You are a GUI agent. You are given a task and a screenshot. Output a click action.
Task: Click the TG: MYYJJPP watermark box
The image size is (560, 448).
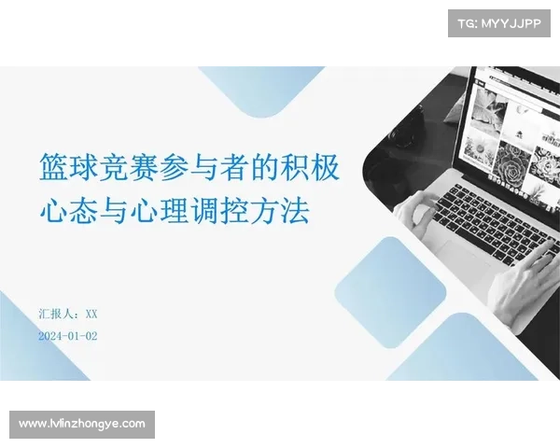[x=499, y=23]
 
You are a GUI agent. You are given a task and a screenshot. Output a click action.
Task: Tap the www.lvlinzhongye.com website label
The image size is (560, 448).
[x=82, y=425]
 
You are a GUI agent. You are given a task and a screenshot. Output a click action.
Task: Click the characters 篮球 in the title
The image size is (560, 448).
[x=68, y=167]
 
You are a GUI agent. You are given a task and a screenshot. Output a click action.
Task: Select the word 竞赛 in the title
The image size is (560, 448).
[x=129, y=167]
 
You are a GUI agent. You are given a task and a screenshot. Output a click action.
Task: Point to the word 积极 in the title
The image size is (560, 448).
[x=310, y=167]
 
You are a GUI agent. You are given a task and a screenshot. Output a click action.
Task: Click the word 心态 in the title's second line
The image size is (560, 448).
[x=68, y=211]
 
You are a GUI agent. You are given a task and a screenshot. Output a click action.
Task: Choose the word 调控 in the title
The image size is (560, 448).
[x=219, y=211]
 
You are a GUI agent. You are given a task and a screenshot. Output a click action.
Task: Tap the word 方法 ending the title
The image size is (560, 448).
[x=280, y=211]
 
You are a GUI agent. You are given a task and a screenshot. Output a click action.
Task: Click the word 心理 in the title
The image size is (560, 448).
[x=159, y=211]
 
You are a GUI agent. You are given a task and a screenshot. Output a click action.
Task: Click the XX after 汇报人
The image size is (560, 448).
[x=91, y=314]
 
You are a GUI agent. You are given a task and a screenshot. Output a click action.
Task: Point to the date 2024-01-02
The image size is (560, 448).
[x=68, y=336]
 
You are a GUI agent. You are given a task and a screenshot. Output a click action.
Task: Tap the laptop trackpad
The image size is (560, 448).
[x=463, y=258]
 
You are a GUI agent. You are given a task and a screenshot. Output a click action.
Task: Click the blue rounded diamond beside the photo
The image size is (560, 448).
[x=390, y=292]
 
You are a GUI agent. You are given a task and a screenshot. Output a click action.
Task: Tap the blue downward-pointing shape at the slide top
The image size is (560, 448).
[x=261, y=90]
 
